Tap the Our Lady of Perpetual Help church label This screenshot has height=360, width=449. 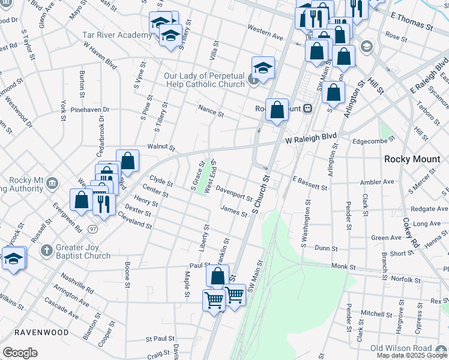point(204,80)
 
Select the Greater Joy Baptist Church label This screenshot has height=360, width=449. point(83,251)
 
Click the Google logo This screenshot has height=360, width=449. point(20,353)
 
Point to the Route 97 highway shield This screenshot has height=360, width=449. point(92,229)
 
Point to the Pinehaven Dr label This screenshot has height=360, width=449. point(90,110)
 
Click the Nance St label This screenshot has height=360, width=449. point(211,111)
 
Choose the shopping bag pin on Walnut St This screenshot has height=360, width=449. point(127,161)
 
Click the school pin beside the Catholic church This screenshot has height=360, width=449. point(263,69)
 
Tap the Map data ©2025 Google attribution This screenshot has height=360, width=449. point(412,355)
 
